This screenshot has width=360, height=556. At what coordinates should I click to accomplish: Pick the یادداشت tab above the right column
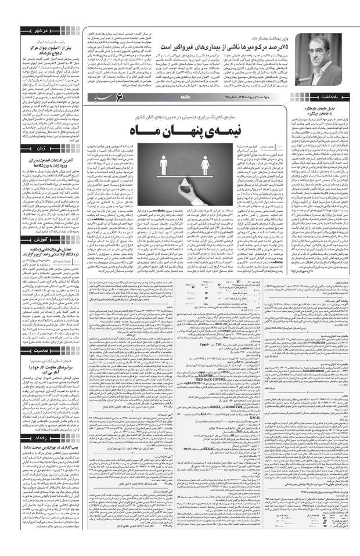point(334,97)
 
